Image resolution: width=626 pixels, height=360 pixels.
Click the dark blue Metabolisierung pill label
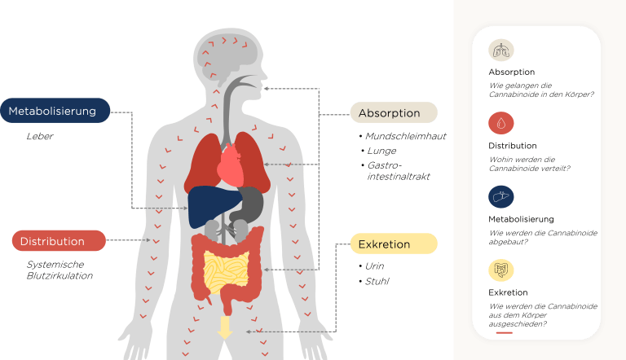(x=55, y=111)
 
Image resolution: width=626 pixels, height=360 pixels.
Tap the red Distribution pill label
(x=59, y=240)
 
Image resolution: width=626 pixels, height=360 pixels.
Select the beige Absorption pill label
(x=394, y=112)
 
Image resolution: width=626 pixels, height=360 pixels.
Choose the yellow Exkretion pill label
(x=394, y=244)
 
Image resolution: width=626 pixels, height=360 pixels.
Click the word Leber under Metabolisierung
(x=40, y=136)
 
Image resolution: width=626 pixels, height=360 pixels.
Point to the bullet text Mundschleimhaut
(x=406, y=136)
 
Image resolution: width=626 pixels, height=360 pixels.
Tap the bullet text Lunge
(x=381, y=151)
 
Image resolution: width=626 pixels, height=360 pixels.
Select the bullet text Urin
(x=374, y=266)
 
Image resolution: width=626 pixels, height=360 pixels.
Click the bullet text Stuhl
(x=377, y=281)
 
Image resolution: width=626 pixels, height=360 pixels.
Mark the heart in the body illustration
(x=231, y=165)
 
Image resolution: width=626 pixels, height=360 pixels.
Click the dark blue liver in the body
(x=215, y=206)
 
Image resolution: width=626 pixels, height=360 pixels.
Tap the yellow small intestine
(x=226, y=271)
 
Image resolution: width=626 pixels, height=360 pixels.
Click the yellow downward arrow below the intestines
(x=225, y=327)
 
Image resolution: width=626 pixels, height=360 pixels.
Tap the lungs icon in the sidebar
(x=501, y=50)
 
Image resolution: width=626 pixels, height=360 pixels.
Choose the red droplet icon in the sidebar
(x=501, y=123)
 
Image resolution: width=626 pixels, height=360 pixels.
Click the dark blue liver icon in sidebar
(x=501, y=197)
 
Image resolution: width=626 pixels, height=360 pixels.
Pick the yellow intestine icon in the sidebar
(x=501, y=270)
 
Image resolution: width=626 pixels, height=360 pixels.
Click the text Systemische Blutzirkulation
(x=60, y=270)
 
